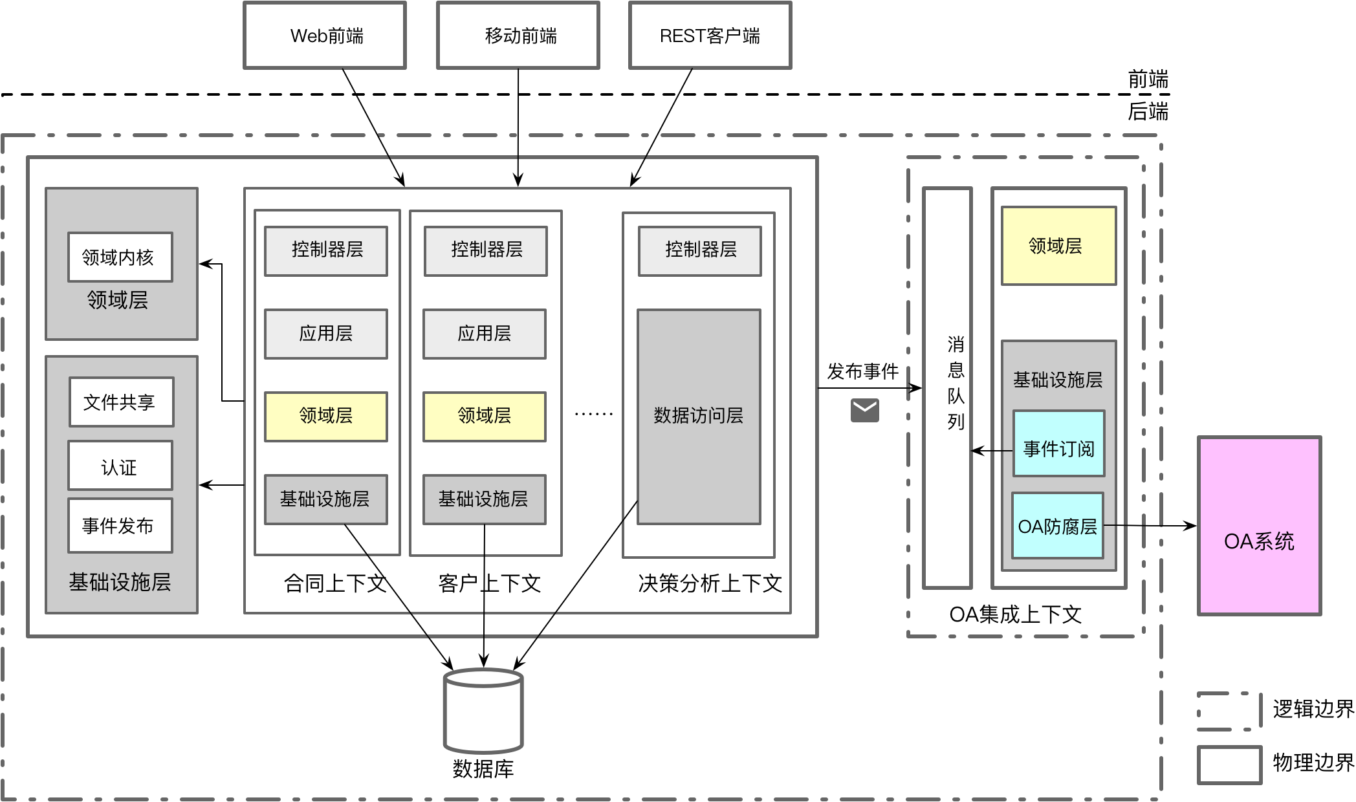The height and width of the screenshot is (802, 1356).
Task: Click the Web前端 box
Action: pos(325,36)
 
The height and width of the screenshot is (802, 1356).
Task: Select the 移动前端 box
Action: pos(518,36)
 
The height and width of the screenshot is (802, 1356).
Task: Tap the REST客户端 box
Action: pos(710,36)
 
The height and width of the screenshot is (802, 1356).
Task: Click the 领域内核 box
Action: pos(120,257)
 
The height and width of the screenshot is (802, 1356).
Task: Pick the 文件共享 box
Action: pos(122,402)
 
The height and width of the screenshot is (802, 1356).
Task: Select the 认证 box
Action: pos(120,466)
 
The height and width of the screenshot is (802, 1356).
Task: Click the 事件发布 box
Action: pos(120,525)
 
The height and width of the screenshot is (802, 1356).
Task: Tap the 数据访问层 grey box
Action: pos(699,417)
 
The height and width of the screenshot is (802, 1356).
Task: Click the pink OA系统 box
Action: pos(1259,526)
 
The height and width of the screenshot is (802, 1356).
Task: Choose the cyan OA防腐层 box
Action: pos(1058,525)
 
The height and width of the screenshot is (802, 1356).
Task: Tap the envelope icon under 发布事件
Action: pos(864,410)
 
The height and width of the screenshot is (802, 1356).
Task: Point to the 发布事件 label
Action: pos(862,371)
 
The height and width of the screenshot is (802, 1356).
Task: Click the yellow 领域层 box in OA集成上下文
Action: pos(1058,246)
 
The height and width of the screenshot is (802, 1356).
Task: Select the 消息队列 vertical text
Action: pos(956,383)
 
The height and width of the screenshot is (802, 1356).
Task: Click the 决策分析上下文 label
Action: pos(710,583)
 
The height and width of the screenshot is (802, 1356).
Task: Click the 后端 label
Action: pos(1148,111)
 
